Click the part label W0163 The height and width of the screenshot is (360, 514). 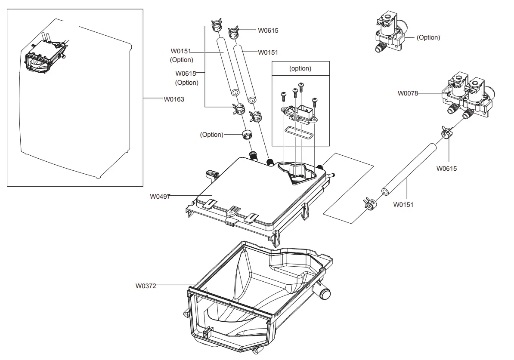pos(173,99)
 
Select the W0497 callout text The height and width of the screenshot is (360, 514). pos(160,197)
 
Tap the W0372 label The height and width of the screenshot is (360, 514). pos(146,286)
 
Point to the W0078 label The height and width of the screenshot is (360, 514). pos(408,93)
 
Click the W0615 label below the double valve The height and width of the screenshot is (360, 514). pos(446,169)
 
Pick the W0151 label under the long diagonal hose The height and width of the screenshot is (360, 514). pos(403,205)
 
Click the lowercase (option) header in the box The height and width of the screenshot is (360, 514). pos(300,68)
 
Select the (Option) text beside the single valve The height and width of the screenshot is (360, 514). pos(428,37)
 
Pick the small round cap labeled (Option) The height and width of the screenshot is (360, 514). pos(247,134)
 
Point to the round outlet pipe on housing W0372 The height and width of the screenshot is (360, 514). pos(325,294)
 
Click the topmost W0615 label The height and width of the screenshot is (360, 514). pos(268,31)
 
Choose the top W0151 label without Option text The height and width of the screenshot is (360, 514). pos(268,52)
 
